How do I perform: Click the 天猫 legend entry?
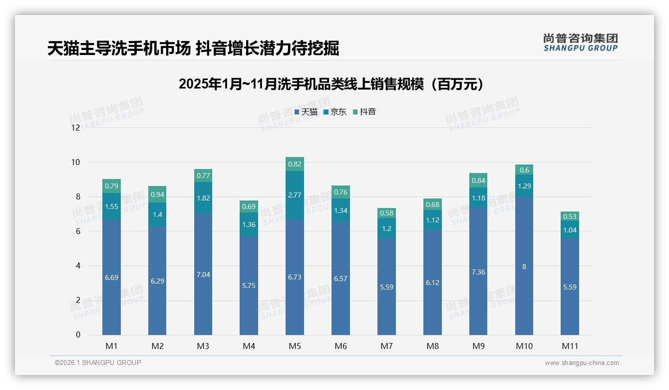(x=306, y=112)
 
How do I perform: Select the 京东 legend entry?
(x=335, y=112)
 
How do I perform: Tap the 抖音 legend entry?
(x=364, y=112)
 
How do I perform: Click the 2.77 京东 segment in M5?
(x=295, y=195)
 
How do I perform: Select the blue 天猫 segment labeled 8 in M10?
(x=524, y=266)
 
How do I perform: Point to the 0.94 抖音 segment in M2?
(x=157, y=194)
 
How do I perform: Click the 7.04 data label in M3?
(x=203, y=274)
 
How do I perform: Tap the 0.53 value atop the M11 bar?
(x=570, y=216)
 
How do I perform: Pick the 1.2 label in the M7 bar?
(x=386, y=228)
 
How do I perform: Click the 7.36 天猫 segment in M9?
(x=478, y=272)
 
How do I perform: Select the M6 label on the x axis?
(x=340, y=346)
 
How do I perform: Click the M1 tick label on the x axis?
(x=111, y=346)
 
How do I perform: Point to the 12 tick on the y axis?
(x=75, y=127)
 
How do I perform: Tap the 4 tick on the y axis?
(x=78, y=266)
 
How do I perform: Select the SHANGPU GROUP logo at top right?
(x=580, y=42)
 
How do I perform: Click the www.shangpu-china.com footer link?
(x=582, y=363)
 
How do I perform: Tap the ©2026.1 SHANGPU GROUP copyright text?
(x=98, y=362)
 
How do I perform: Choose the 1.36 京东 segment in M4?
(x=249, y=224)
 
